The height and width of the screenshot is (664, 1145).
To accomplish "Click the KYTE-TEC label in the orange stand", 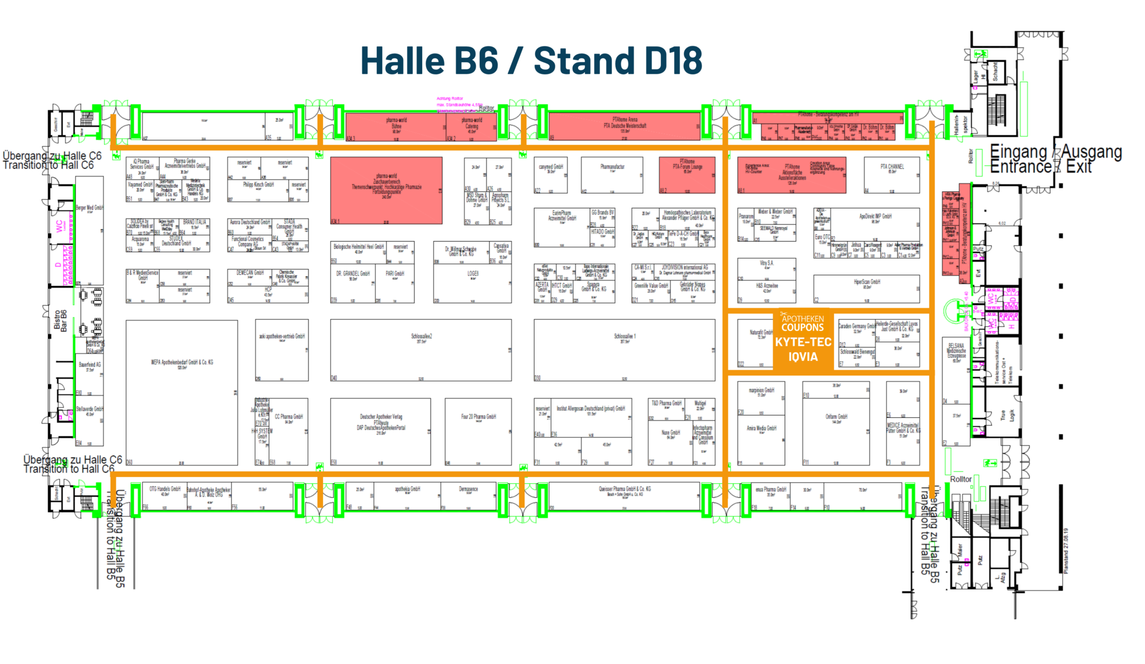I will (x=803, y=342).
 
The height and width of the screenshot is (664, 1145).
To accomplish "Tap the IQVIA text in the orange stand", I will (x=803, y=357).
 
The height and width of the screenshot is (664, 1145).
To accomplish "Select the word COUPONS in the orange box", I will (x=803, y=328).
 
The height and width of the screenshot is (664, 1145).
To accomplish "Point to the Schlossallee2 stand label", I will (x=421, y=337).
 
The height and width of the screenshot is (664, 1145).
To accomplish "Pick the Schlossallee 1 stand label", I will (x=624, y=337).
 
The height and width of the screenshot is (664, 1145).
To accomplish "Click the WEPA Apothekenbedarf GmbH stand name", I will (x=182, y=362).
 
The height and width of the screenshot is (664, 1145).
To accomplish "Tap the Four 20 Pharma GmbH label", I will (x=478, y=417).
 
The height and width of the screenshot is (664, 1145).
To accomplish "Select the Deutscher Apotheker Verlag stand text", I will (x=381, y=417).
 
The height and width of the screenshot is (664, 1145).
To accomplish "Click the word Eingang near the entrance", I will (x=1018, y=152).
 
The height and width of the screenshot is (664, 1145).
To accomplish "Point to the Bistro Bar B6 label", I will (x=60, y=321).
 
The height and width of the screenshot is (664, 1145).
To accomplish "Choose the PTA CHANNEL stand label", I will (x=892, y=167).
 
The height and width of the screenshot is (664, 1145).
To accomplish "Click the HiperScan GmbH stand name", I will (x=867, y=282).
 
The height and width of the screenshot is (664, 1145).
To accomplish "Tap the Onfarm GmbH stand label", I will (x=836, y=417).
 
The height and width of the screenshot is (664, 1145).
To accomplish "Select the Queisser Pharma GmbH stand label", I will (x=624, y=489).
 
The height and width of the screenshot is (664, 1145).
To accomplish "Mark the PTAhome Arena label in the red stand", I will (x=624, y=120).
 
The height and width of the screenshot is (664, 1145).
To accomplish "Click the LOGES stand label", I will (x=473, y=274).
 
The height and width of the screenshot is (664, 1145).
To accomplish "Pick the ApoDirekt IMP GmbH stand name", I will (x=875, y=216).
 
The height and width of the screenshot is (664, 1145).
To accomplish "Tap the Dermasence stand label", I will (x=469, y=489).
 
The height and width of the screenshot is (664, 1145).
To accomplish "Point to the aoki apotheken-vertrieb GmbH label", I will (x=282, y=337).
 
